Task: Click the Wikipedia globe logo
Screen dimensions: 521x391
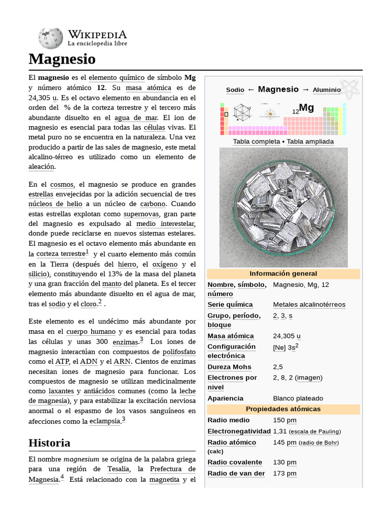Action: pyautogui.click(x=50, y=38)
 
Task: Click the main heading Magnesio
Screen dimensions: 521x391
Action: pyautogui.click(x=62, y=59)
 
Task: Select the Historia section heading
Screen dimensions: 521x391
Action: pyautogui.click(x=49, y=443)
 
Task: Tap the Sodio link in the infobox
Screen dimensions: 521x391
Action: pyautogui.click(x=235, y=90)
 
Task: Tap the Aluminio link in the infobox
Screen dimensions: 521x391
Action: pyautogui.click(x=326, y=90)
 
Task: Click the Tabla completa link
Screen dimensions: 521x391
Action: pyautogui.click(x=256, y=141)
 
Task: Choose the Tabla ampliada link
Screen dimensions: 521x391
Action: pyautogui.click(x=310, y=141)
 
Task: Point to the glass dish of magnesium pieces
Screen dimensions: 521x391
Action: pyautogui.click(x=283, y=208)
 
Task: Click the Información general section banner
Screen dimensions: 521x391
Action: pyautogui.click(x=283, y=274)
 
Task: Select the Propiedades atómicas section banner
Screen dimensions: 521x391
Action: pyautogui.click(x=283, y=409)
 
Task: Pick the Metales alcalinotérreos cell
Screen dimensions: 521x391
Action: pyautogui.click(x=309, y=305)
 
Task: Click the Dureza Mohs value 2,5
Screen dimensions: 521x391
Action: pyautogui.click(x=278, y=367)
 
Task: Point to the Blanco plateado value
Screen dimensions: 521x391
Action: pyautogui.click(x=298, y=398)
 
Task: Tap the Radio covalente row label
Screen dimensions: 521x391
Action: pyautogui.click(x=235, y=462)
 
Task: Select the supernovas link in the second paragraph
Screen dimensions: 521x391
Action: pyautogui.click(x=141, y=214)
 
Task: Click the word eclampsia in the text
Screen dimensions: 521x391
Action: pyautogui.click(x=105, y=421)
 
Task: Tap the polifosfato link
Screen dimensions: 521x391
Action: pyautogui.click(x=179, y=352)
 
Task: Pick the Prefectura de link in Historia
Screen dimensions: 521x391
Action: pyautogui.click(x=173, y=469)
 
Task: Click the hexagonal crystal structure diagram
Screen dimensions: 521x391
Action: pyautogui.click(x=242, y=112)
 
